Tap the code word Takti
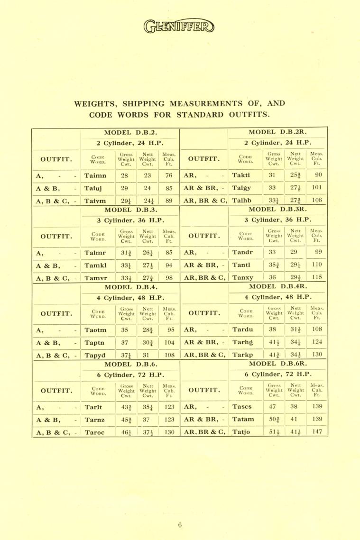[242, 175]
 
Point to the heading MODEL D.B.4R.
[276, 286]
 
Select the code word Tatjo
[242, 432]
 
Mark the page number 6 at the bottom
[180, 524]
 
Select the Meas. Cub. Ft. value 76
[168, 175]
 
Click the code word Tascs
[243, 407]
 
